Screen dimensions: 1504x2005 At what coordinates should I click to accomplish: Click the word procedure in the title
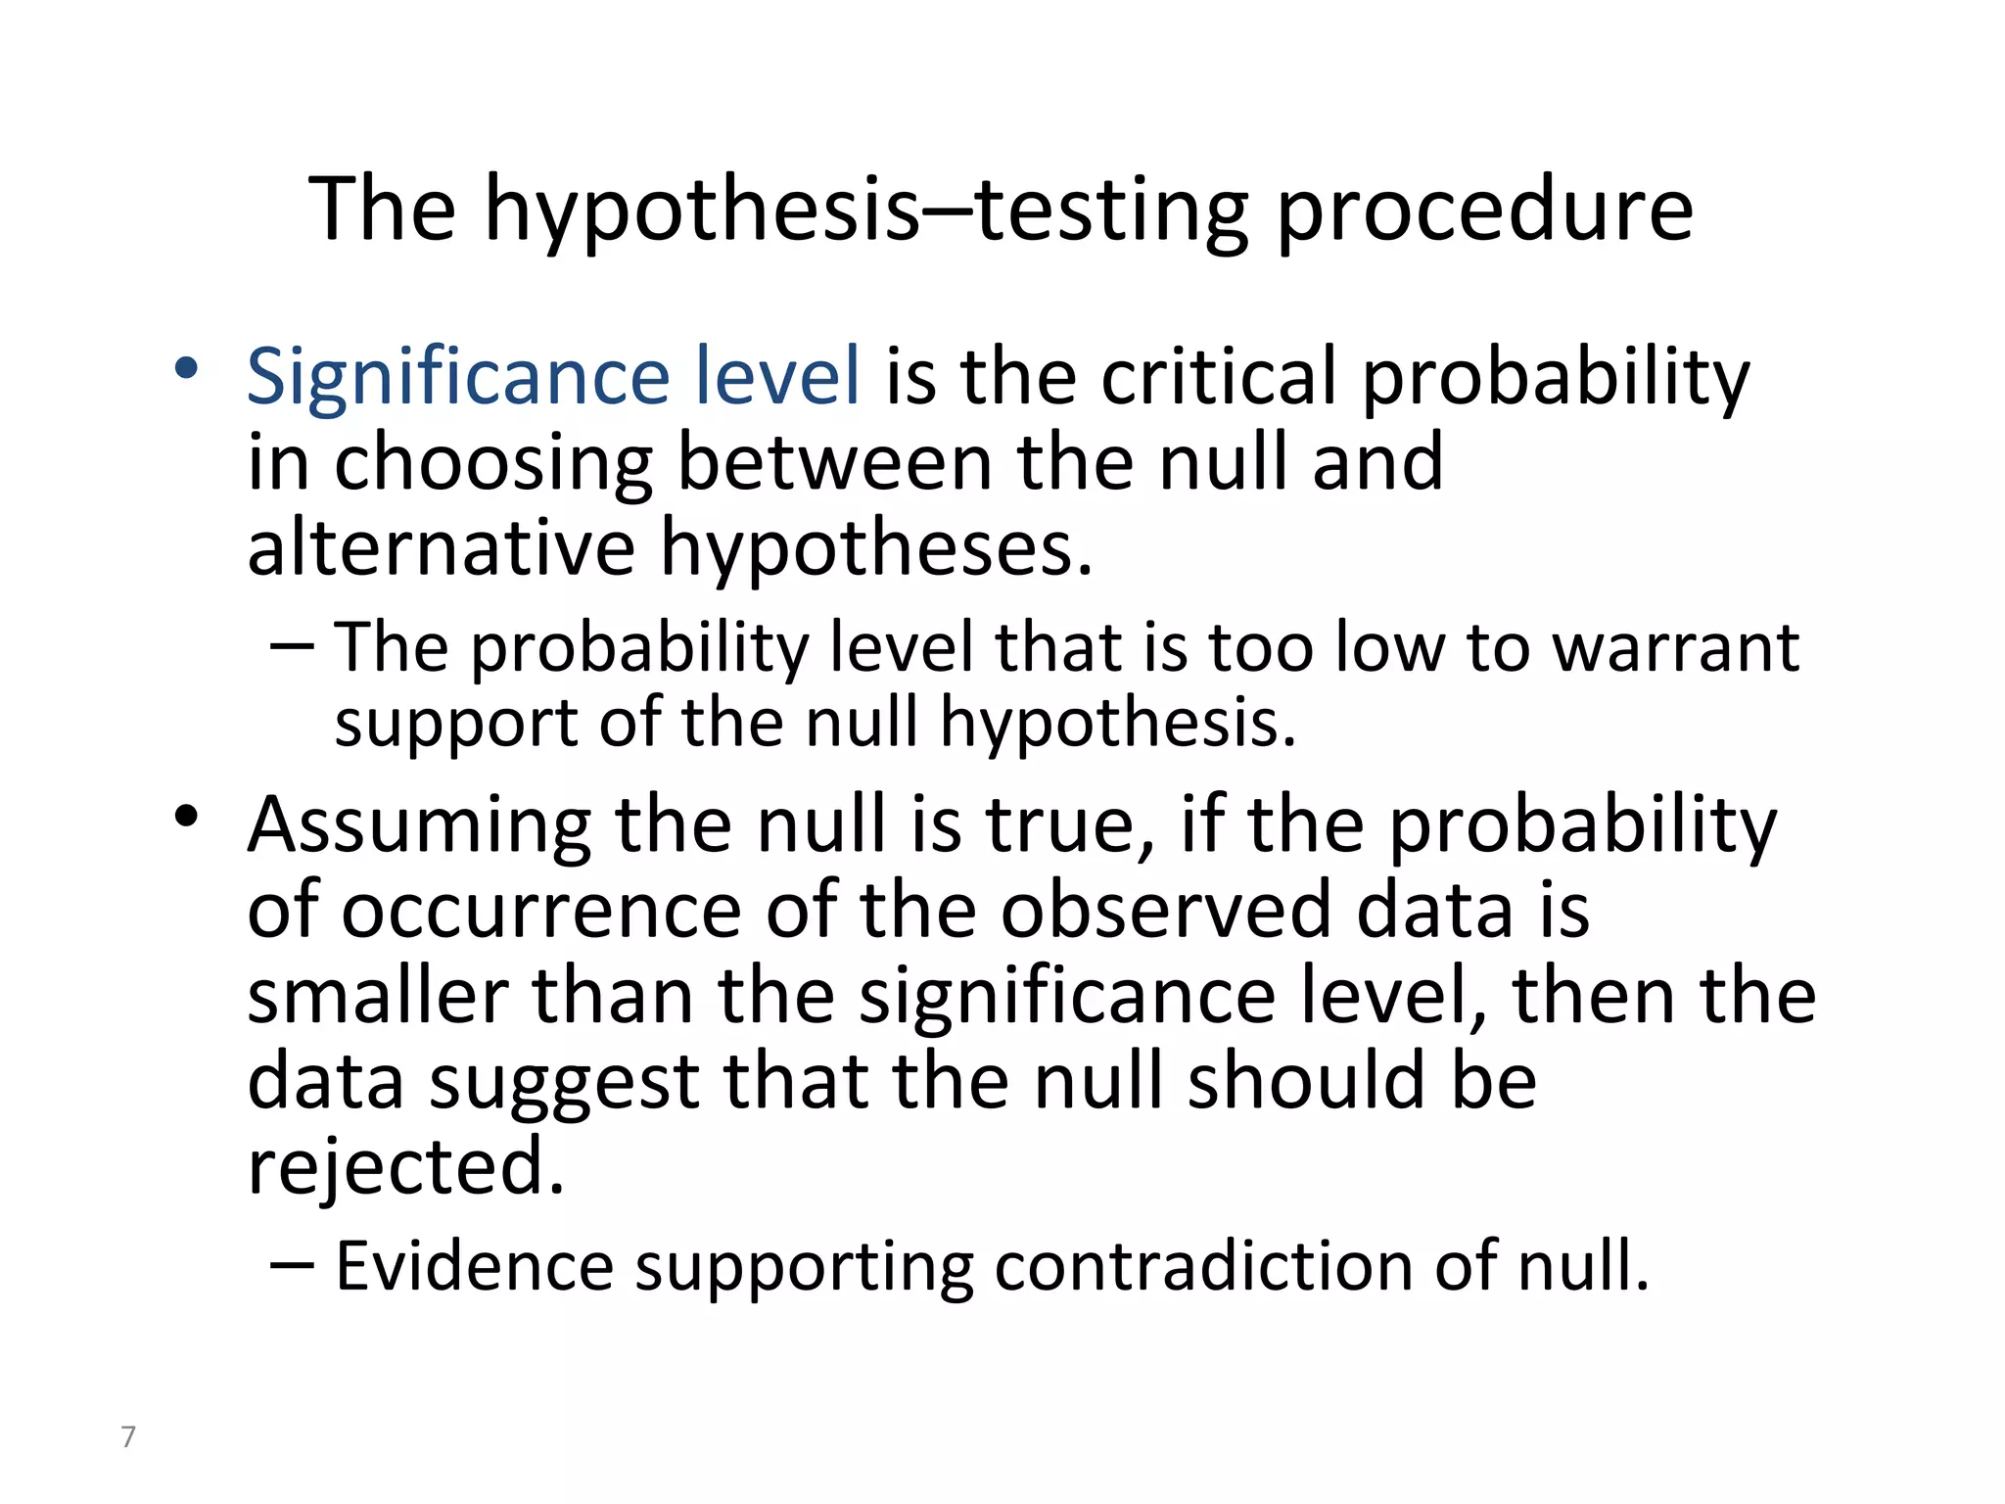[1484, 211]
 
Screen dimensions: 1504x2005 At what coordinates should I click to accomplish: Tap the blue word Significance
[456, 377]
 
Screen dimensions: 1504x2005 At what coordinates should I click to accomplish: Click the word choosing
[493, 463]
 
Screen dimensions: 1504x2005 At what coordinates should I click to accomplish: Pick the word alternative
[441, 547]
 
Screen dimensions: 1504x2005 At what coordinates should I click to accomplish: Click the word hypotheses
[876, 547]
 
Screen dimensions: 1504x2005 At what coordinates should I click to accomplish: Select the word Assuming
[419, 825]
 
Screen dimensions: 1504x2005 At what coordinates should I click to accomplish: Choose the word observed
[1165, 911]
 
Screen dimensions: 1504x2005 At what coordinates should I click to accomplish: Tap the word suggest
[564, 1082]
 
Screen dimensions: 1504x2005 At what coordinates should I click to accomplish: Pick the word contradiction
[1203, 1267]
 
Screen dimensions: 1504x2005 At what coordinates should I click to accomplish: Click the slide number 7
[128, 1436]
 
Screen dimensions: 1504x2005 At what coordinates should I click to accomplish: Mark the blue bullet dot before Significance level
[186, 368]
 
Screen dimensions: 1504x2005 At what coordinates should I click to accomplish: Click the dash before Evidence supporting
[292, 1263]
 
